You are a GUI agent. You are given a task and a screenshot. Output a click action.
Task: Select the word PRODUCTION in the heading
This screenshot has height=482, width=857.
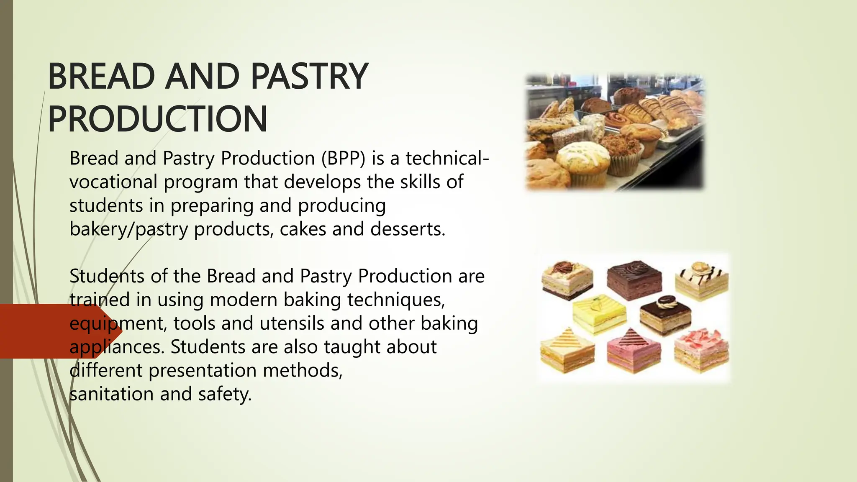click(158, 119)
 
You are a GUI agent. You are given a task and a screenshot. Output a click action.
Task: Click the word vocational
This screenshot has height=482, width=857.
click(113, 182)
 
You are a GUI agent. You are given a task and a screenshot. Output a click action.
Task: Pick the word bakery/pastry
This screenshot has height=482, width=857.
click(128, 229)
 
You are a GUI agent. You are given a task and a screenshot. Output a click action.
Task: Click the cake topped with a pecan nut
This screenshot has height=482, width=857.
click(567, 279)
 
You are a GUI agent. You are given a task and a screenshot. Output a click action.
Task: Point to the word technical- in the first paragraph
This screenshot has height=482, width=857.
click(447, 158)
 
